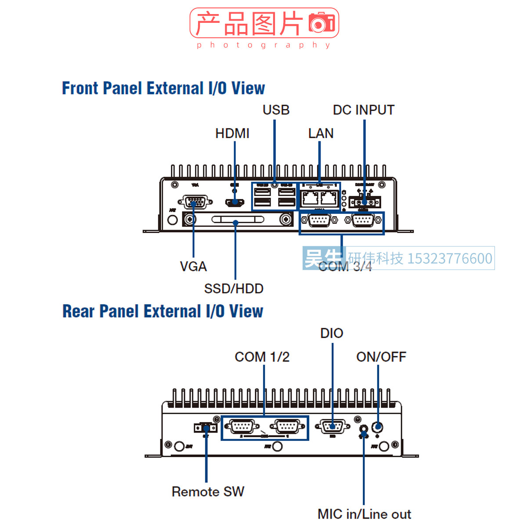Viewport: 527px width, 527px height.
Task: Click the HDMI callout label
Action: pos(232,133)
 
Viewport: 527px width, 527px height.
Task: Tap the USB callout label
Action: pos(276,110)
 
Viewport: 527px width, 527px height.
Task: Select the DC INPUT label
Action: pos(364,110)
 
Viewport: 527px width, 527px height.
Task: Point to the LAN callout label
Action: pos(321,133)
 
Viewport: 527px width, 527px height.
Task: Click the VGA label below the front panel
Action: pos(193,266)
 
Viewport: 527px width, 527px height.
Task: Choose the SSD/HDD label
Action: pos(234,289)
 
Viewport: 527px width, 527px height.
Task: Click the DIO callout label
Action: pos(332,333)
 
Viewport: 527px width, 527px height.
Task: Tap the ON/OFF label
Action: pos(381,357)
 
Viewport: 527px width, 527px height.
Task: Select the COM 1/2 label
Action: pos(262,357)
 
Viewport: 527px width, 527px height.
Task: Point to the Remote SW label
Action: pos(208,491)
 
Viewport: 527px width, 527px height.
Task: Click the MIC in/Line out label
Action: pos(364,514)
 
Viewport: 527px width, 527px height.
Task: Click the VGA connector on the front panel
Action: pos(195,202)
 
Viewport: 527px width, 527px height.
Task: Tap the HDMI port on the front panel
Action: pos(235,202)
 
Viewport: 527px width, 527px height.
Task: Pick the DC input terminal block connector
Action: pos(365,202)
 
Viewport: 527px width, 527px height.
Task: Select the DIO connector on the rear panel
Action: pos(332,426)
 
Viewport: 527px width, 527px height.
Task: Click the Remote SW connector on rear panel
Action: pos(206,428)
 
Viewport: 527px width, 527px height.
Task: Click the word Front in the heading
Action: pos(80,88)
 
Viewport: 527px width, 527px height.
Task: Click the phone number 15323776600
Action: pos(450,259)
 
